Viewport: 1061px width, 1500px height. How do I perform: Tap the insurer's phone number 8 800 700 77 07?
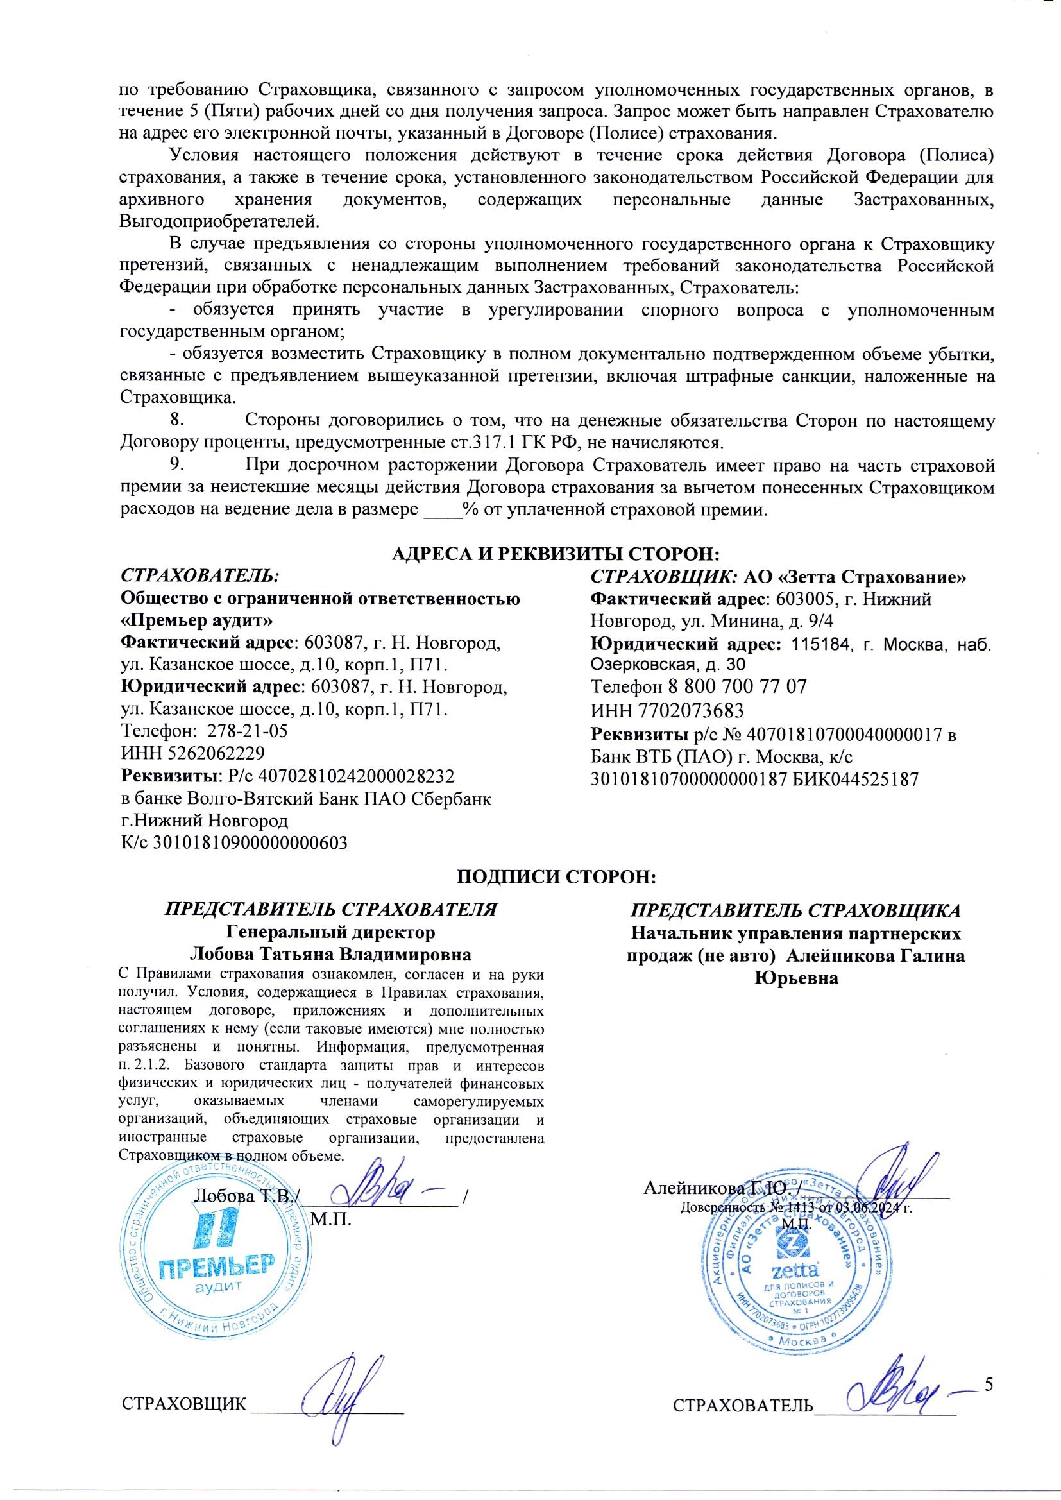click(x=737, y=686)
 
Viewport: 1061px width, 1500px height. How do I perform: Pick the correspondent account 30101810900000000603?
click(x=250, y=843)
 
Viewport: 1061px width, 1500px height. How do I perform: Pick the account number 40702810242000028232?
click(x=356, y=776)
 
